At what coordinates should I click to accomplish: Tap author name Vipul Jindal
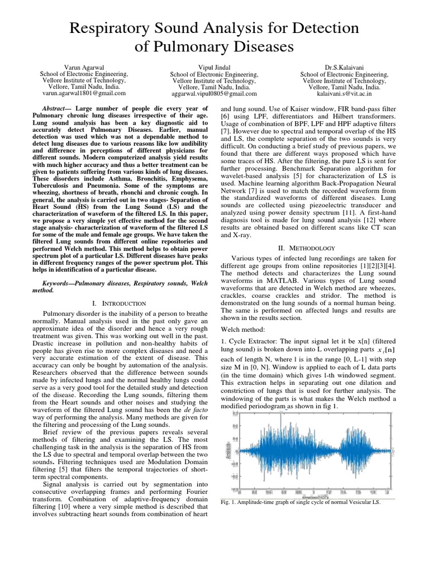(214, 67)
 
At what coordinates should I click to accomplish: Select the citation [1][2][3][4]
(367, 266)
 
